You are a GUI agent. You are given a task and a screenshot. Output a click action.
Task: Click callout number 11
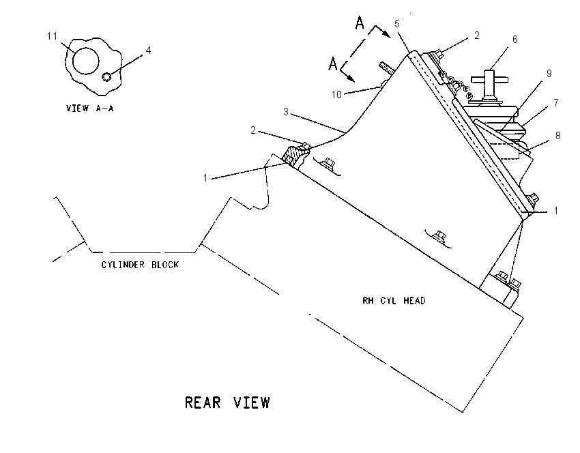(52, 36)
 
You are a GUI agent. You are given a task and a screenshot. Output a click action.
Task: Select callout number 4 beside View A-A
(148, 50)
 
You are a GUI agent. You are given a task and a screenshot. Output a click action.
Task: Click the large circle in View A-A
(86, 61)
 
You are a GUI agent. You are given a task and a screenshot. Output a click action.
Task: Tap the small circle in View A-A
(106, 77)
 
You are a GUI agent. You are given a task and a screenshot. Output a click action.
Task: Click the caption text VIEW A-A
(90, 108)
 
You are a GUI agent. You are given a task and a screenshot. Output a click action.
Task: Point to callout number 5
(397, 24)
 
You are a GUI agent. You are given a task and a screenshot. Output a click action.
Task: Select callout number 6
(515, 39)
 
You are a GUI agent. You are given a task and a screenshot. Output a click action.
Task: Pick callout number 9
(549, 74)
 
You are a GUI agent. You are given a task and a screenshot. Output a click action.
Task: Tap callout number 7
(556, 103)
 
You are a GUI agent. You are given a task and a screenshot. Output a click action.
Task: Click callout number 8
(557, 136)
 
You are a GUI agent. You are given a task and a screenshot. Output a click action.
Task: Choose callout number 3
(285, 112)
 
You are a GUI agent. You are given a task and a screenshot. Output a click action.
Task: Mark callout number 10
(336, 95)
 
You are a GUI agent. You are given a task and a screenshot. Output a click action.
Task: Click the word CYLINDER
(123, 265)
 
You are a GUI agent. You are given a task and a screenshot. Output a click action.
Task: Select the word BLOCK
(165, 265)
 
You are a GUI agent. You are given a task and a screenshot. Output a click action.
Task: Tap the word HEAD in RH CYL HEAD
(414, 301)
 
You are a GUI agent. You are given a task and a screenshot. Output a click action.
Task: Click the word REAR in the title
(203, 403)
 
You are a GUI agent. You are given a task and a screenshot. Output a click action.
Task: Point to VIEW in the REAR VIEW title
(252, 403)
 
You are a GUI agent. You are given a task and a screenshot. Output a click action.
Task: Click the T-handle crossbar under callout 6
(489, 79)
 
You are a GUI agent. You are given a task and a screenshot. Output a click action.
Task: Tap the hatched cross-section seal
(295, 155)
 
